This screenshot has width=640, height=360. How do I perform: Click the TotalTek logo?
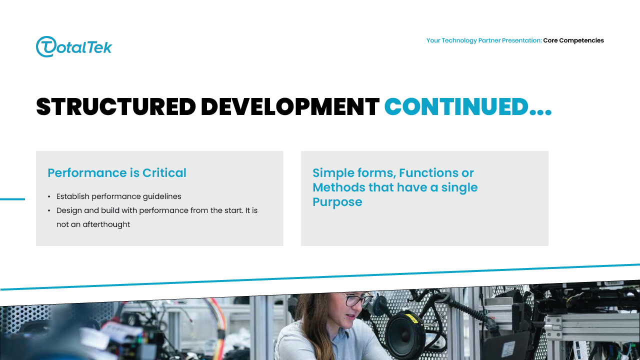[74, 47]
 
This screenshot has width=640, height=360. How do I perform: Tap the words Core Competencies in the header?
[573, 40]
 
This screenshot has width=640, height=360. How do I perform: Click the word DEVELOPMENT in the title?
[290, 107]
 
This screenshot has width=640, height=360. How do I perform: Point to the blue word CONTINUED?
[456, 107]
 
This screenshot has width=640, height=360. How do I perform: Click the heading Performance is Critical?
[117, 173]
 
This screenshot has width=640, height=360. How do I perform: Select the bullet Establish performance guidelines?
[119, 196]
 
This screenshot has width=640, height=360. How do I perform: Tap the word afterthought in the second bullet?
[106, 224]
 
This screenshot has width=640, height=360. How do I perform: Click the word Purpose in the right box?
[337, 202]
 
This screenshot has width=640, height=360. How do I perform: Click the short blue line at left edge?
[12, 199]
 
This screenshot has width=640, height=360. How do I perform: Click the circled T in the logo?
[46, 47]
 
